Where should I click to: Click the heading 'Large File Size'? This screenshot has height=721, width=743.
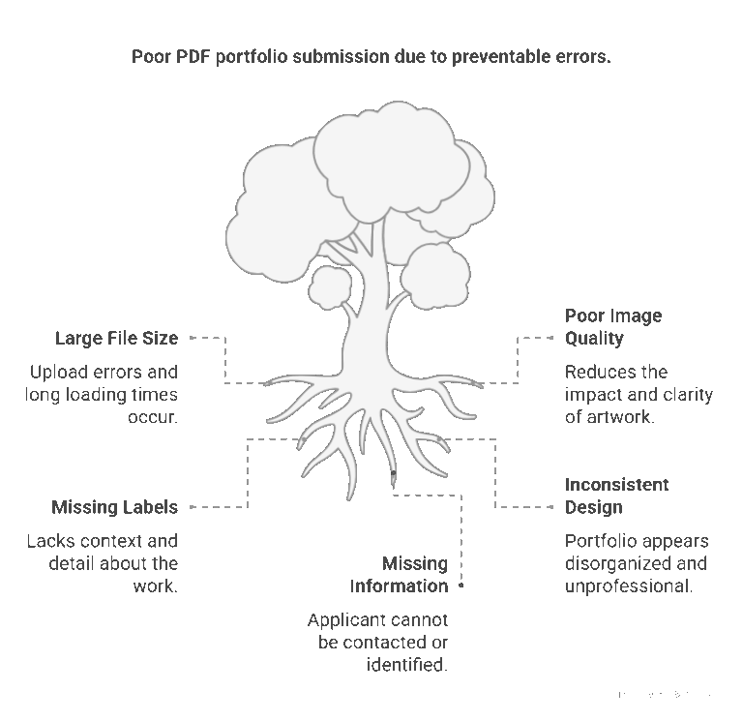tap(116, 338)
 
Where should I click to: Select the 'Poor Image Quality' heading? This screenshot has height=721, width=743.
tap(613, 327)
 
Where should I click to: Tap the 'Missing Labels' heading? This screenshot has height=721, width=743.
tap(114, 507)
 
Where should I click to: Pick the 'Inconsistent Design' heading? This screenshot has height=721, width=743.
tap(616, 496)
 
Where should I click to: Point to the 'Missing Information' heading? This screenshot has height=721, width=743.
tap(400, 575)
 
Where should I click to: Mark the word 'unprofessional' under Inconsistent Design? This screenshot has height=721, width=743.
tap(628, 586)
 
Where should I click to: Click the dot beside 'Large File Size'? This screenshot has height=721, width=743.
tap(191, 338)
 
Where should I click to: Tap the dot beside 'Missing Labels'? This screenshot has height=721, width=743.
tap(191, 507)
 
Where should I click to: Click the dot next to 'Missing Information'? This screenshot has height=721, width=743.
tap(461, 586)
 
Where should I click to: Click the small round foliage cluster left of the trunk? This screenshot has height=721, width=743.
tap(331, 286)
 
